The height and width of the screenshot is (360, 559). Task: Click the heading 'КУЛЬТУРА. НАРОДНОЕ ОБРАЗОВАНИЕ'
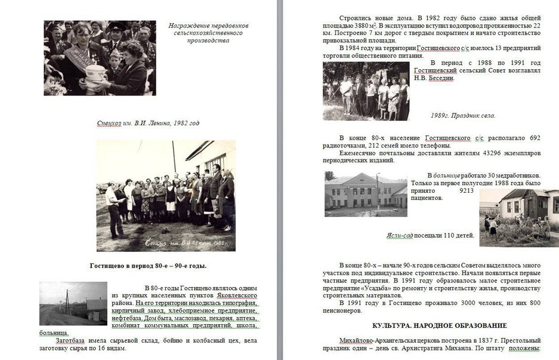440,325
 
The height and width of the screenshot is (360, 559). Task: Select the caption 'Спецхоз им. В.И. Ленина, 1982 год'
148,124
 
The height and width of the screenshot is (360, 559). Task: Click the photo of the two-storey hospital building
365,194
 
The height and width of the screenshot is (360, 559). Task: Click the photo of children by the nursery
518,218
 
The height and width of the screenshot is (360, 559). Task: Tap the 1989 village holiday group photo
366,91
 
